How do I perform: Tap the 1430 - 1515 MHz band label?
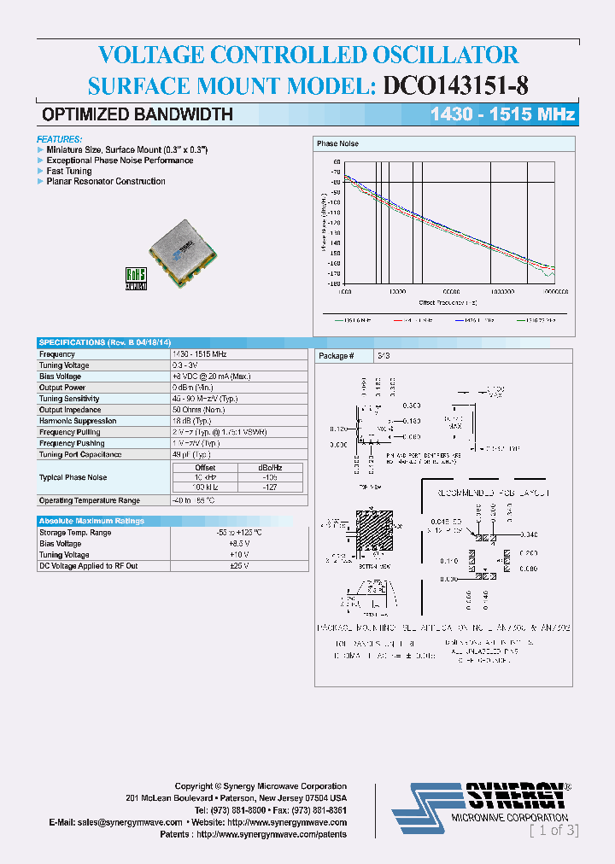(x=501, y=114)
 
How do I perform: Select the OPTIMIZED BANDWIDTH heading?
(x=138, y=114)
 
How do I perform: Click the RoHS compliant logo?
(x=137, y=278)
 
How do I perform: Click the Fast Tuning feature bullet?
(x=69, y=171)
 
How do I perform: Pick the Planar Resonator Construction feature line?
(x=105, y=182)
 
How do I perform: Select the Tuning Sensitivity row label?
(x=69, y=399)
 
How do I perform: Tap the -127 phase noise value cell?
(x=270, y=487)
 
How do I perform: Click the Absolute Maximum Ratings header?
(x=91, y=521)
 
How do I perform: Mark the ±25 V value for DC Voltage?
(x=238, y=566)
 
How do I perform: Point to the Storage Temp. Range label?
(x=75, y=533)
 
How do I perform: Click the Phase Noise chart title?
(x=337, y=144)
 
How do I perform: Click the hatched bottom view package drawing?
(x=369, y=537)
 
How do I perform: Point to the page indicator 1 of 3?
(x=553, y=830)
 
